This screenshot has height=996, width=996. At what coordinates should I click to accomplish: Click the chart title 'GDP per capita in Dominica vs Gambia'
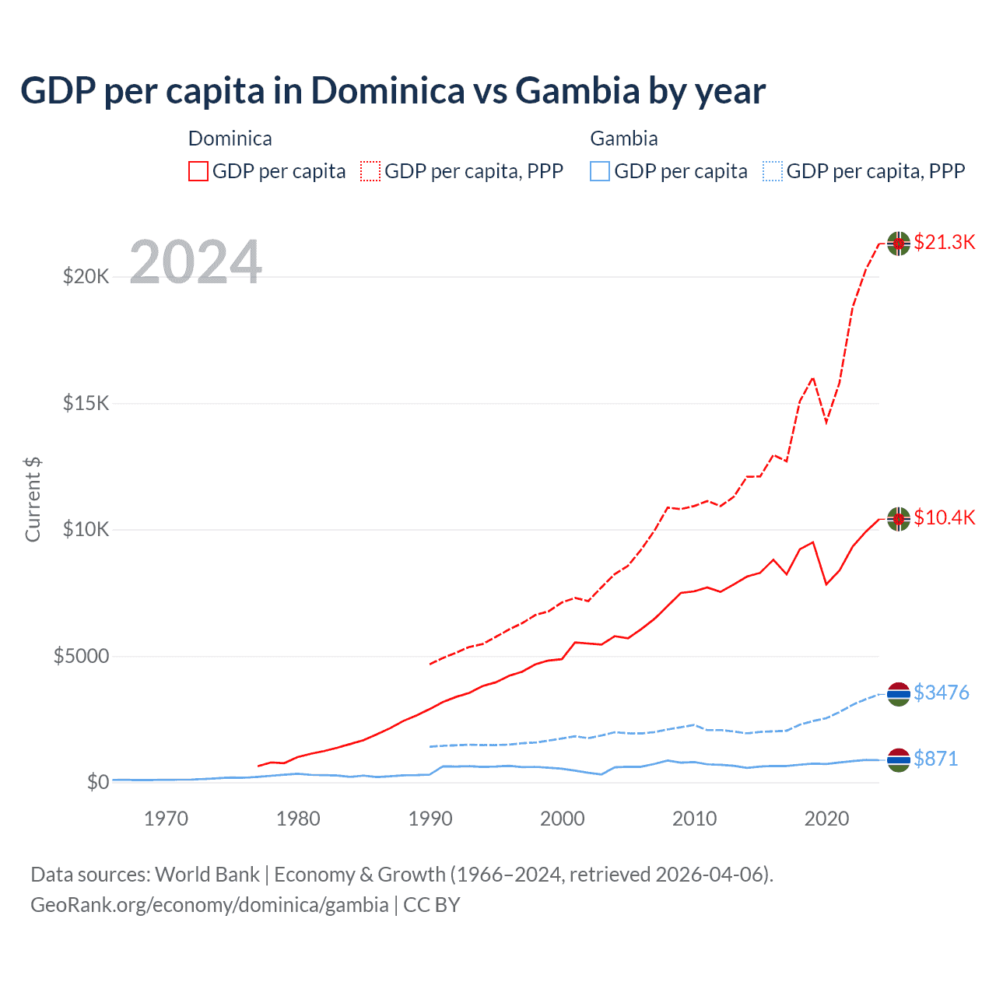coord(393,90)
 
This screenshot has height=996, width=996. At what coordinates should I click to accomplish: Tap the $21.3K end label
coord(944,242)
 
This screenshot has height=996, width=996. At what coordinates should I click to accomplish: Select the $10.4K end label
coord(944,517)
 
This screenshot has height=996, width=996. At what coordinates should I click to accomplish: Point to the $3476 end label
coord(941,693)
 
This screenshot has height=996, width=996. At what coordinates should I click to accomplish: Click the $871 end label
coord(935,759)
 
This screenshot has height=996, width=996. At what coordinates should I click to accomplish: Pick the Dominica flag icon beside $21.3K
coord(899,243)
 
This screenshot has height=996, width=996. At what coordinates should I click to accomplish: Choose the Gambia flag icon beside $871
coord(899,760)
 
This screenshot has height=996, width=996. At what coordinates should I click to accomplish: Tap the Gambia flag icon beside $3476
coord(899,694)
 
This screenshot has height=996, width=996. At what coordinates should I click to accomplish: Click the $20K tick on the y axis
coord(86,276)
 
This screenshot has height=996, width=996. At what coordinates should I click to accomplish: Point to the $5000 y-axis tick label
coord(81,656)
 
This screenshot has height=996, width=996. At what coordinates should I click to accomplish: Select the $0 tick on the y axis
coord(97,782)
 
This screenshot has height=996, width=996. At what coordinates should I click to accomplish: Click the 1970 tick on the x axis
coord(166,819)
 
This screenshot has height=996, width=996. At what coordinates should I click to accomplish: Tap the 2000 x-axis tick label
coord(563,819)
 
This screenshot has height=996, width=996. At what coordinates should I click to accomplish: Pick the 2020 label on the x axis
coord(826,819)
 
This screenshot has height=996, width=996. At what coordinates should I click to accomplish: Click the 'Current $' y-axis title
coord(33,500)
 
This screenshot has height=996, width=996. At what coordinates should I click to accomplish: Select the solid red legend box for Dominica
coord(198,171)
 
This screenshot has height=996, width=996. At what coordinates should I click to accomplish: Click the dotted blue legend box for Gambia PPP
coord(773,171)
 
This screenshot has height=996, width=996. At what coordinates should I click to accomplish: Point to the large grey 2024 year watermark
coord(195,263)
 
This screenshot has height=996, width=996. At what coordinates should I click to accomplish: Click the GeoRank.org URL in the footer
coord(209,905)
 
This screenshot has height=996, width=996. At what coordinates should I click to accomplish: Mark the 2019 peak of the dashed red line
coord(813,378)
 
